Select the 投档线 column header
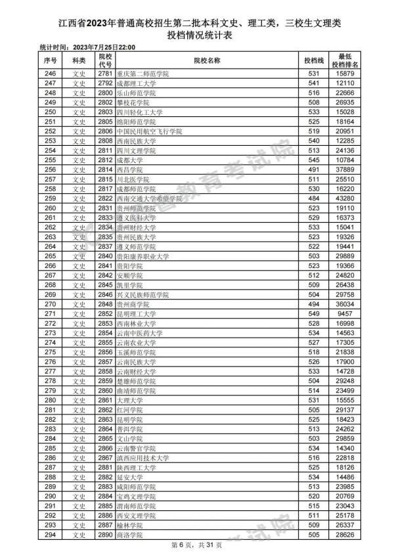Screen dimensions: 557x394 pos(313,60)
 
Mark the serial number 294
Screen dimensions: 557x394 pos(51,536)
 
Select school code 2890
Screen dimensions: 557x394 pos(105,536)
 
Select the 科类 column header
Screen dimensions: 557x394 pos(79,60)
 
